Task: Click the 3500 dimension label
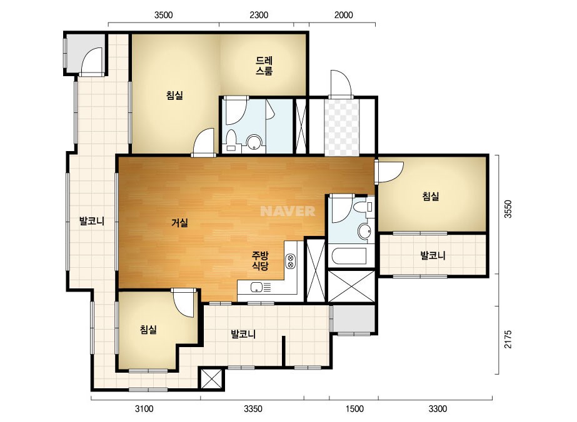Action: point(163,15)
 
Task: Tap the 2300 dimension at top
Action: point(259,15)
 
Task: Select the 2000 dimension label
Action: point(343,15)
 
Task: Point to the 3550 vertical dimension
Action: point(508,209)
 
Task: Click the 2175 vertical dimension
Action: point(508,340)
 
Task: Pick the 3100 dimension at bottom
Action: point(144,409)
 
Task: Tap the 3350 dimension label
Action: point(253,409)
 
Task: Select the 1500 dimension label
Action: point(354,409)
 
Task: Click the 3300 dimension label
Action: point(438,409)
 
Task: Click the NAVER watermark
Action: point(288,211)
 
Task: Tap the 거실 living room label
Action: point(179,222)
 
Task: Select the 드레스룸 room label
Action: point(264,66)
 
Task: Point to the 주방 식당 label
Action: point(260,260)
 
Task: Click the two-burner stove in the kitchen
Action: point(290,261)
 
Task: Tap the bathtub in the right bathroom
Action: point(348,256)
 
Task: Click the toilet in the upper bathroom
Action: point(231,141)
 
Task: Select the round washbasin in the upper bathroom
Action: point(254,142)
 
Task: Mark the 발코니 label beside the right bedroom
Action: point(433,255)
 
